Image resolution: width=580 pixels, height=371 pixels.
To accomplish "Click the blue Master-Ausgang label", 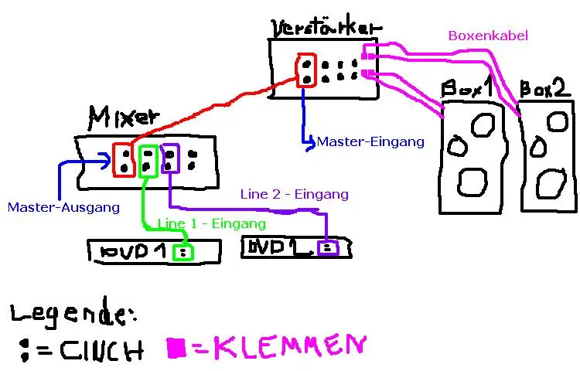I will pyautogui.click(x=63, y=207).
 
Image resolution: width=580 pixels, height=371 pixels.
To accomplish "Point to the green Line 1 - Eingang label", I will pyautogui.click(x=212, y=223).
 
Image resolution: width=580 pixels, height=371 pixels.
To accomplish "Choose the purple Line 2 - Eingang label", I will pyautogui.click(x=294, y=194).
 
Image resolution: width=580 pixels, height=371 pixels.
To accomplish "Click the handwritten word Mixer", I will pyautogui.click(x=124, y=117).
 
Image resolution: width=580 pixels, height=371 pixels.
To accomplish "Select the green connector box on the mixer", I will pyautogui.click(x=148, y=160).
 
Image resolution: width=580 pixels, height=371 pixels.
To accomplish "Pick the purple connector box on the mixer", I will pyautogui.click(x=170, y=158).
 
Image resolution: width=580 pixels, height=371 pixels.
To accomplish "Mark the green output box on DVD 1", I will pyautogui.click(x=183, y=252).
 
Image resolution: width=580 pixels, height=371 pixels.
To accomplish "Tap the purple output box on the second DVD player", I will pyautogui.click(x=328, y=248).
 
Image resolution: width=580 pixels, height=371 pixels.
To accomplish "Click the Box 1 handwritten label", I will pyautogui.click(x=466, y=87).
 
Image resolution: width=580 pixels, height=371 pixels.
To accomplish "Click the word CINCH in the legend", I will pyautogui.click(x=101, y=350).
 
